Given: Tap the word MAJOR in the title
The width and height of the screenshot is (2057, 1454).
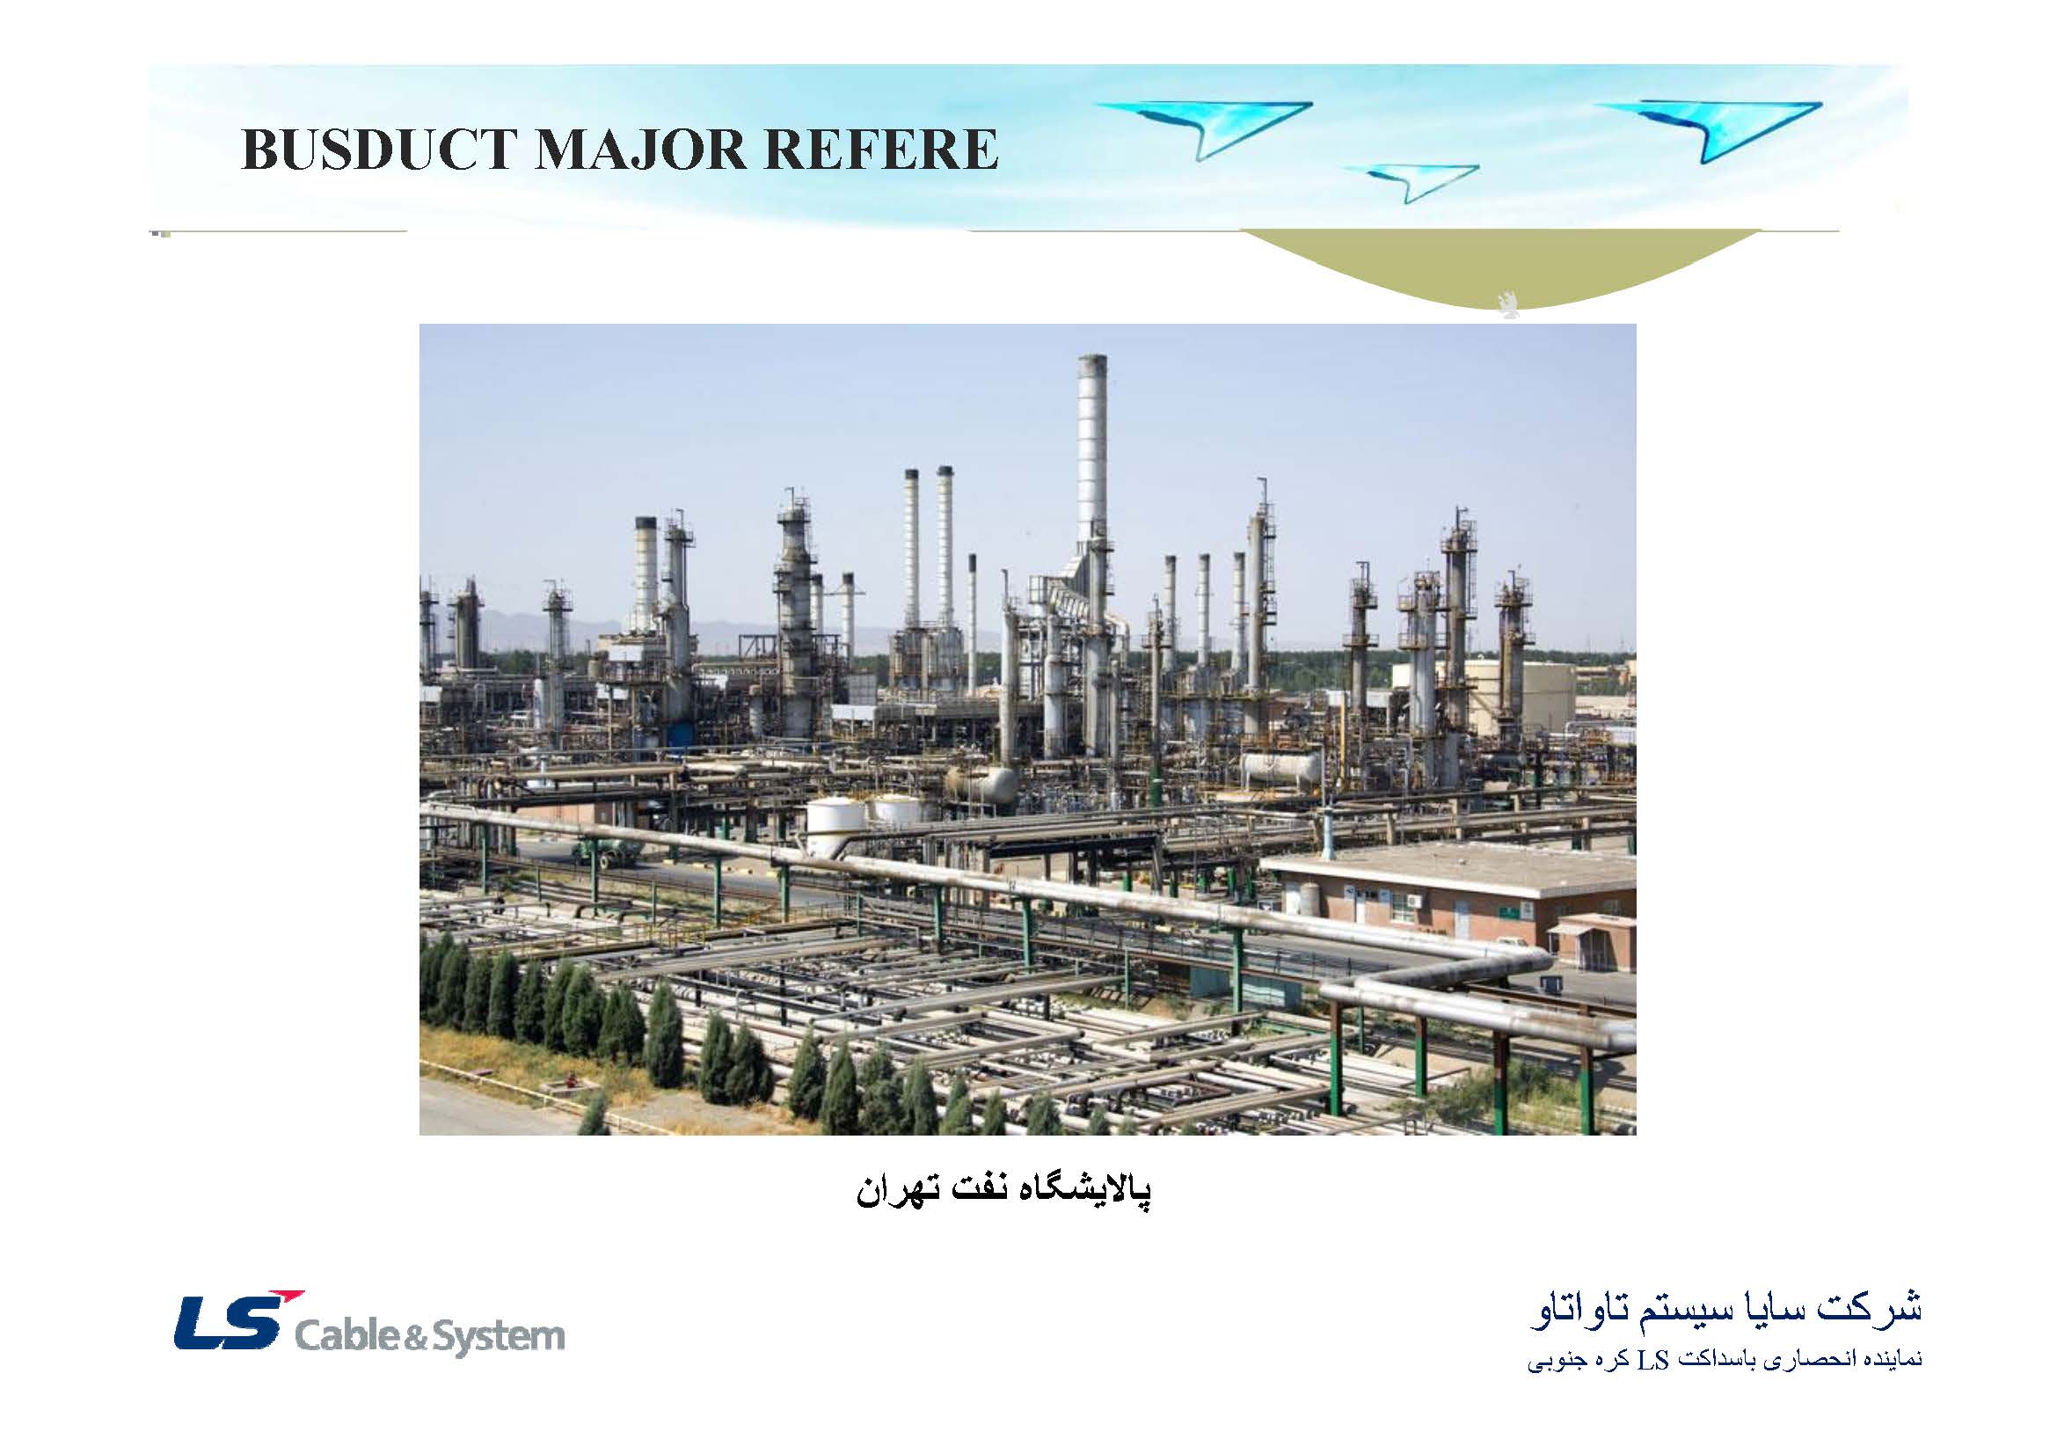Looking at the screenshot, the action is (x=639, y=150).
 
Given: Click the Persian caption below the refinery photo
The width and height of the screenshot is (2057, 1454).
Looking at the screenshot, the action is (x=1003, y=1191).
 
